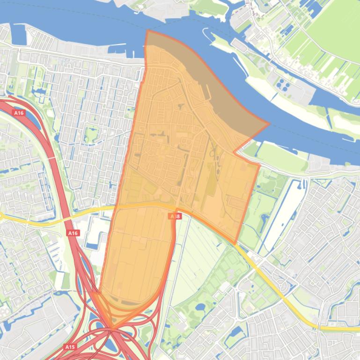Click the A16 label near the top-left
point(18,113)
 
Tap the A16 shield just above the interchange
point(73,233)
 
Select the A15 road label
point(70,347)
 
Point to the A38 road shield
point(174,216)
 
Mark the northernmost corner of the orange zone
point(147,31)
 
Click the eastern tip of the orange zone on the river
point(269,124)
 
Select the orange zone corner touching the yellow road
point(235,243)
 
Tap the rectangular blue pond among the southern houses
point(235,333)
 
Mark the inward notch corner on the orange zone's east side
point(235,152)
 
